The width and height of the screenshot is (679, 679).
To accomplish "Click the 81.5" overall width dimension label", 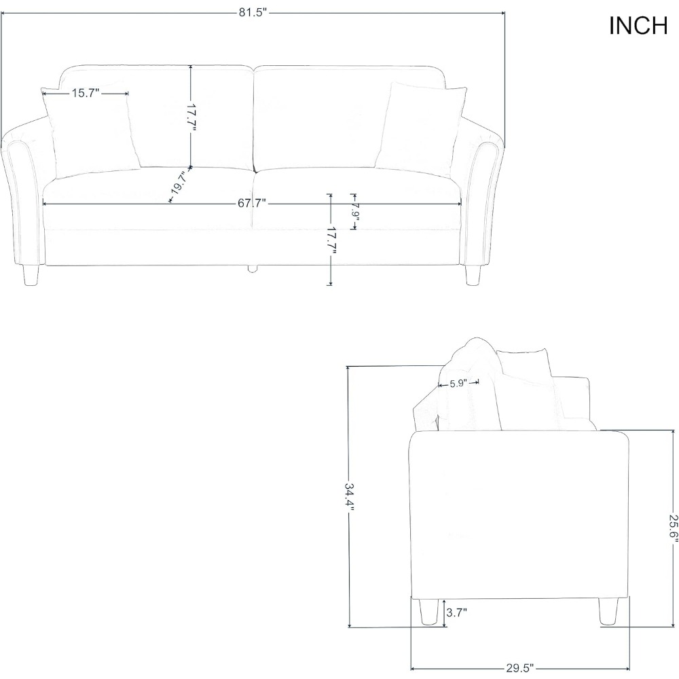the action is click(x=252, y=12).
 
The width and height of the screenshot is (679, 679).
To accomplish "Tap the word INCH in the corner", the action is click(x=638, y=26).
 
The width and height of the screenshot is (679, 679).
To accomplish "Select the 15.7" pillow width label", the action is click(x=86, y=93).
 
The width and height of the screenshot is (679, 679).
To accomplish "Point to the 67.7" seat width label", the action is click(x=252, y=203).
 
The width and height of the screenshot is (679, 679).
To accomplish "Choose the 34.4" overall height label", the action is click(x=349, y=496).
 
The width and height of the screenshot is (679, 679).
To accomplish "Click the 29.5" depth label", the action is click(x=519, y=668).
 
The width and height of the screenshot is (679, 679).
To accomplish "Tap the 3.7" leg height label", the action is click(x=456, y=612).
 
